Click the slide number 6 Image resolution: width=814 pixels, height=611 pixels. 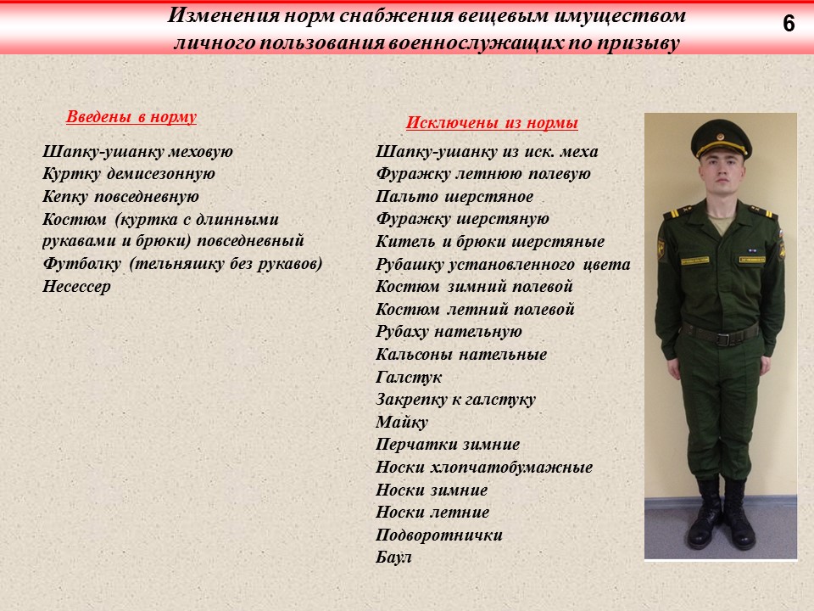point(789,25)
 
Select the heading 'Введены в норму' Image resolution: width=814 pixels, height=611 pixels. point(131,117)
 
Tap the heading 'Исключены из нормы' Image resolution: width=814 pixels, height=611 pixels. point(492,123)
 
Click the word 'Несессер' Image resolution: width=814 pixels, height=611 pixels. point(76,286)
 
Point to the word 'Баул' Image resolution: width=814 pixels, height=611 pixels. point(393,558)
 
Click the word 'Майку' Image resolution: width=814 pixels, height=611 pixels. point(402,422)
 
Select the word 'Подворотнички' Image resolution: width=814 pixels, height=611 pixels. point(439,535)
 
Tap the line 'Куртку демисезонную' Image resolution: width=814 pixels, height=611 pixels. point(129,174)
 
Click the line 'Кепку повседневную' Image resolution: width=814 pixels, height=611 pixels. point(120,196)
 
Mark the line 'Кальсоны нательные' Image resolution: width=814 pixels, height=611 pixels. point(461,354)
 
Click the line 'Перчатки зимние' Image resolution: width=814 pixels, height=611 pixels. point(448,445)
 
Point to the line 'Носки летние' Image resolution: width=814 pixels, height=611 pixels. point(432,513)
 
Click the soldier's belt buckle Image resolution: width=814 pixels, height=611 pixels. point(723,337)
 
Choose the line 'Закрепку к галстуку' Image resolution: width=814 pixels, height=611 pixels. point(455,400)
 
